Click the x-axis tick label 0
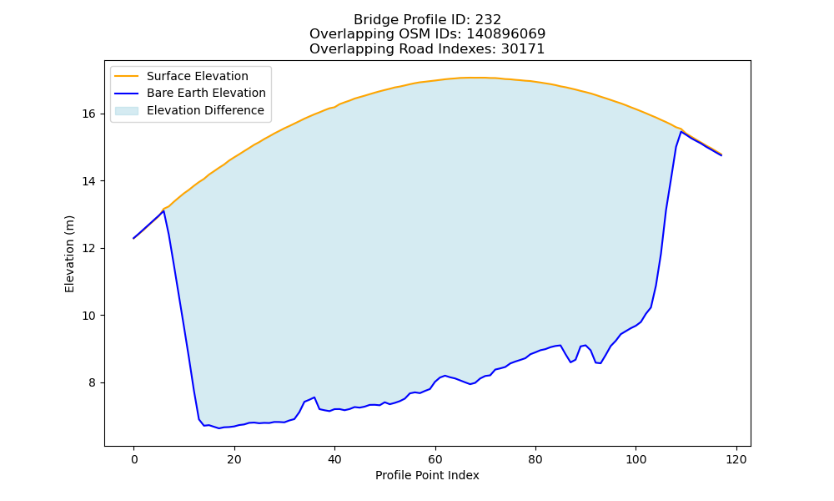(134, 459)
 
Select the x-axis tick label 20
(234, 459)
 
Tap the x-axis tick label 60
(435, 459)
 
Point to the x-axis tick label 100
(636, 459)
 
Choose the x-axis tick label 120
(736, 459)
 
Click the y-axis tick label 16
(89, 114)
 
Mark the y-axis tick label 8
(92, 383)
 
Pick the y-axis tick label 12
(89, 249)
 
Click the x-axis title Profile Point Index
(427, 475)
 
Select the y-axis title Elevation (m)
(70, 254)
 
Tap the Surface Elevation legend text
(198, 76)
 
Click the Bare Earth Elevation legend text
(206, 93)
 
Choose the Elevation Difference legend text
(205, 110)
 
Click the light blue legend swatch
(127, 111)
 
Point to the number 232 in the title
(488, 20)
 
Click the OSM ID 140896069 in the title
(506, 34)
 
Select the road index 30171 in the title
(523, 49)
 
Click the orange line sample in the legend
(127, 76)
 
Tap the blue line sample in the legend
(127, 94)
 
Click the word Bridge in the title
(371, 20)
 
